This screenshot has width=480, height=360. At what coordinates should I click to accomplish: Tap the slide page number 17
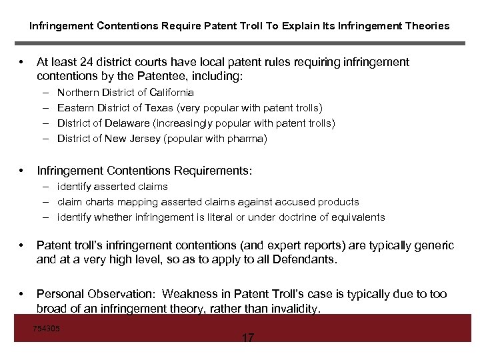pos(247,338)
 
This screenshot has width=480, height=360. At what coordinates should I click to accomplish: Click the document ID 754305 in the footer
pos(46,328)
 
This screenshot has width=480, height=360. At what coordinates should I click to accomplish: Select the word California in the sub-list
pos(171,93)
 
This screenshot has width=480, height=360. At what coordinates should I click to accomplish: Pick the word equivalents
pos(358,217)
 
